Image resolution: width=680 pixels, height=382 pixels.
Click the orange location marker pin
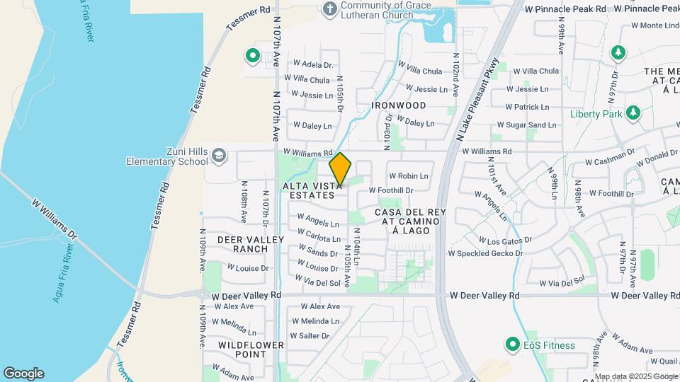341,168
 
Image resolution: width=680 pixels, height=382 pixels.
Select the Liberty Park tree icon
633,113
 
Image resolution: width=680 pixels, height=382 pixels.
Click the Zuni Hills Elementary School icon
220,156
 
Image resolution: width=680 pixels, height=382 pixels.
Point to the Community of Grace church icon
329,8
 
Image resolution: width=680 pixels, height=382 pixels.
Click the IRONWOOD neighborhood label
399,105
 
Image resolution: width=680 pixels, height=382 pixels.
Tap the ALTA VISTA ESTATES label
308,190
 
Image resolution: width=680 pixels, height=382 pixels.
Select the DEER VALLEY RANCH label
242,244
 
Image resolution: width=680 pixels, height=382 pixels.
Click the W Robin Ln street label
408,175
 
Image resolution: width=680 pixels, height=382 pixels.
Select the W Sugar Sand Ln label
531,125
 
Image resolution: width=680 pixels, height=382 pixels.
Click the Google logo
23,373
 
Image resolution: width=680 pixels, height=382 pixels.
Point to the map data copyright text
636,376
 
